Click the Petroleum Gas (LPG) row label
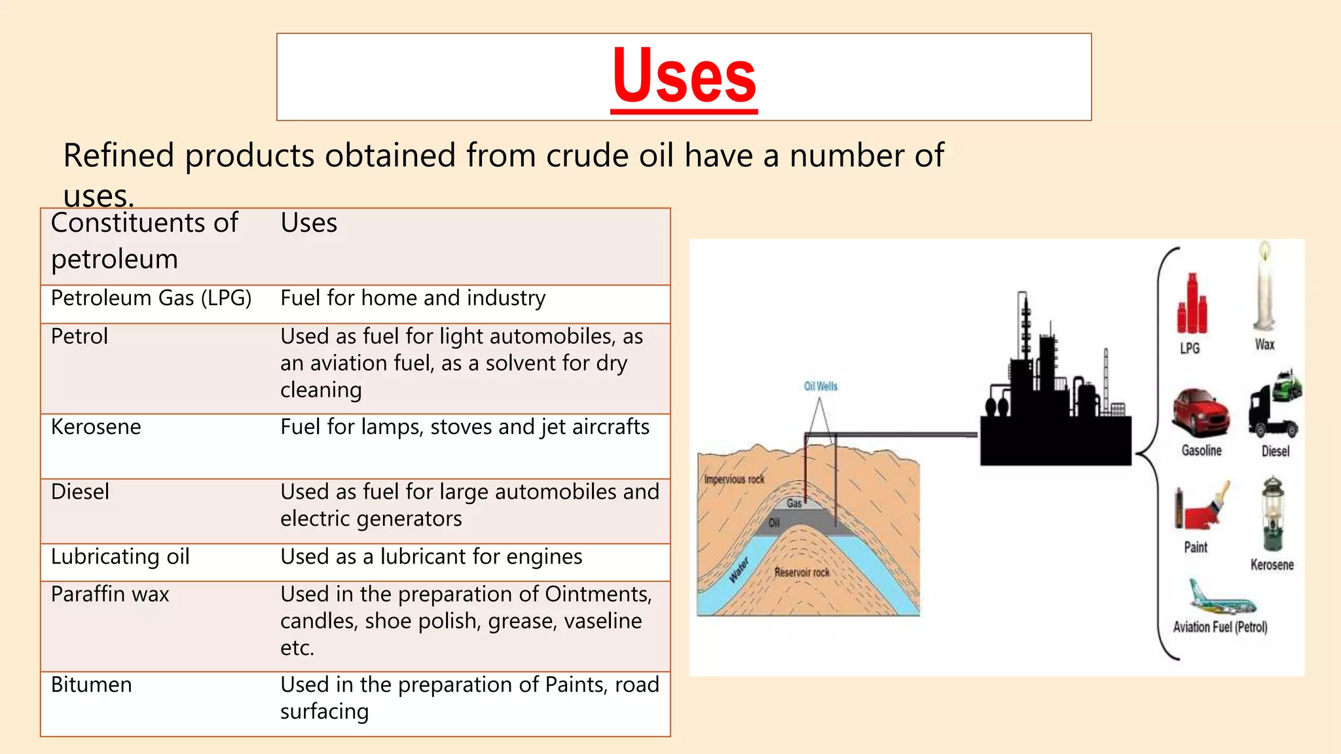coord(151,298)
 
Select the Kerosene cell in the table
coord(96,427)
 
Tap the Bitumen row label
coord(92,685)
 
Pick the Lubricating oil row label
coord(120,557)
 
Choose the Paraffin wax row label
coord(110,594)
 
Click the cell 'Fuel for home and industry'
coord(413,298)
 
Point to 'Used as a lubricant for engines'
coord(431,557)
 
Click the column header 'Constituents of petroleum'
coord(144,241)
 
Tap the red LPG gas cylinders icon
coord(1192,305)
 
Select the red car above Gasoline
coord(1201,412)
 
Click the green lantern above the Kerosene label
coord(1272,514)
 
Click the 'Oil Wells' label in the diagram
coord(820,386)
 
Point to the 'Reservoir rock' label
coord(801,573)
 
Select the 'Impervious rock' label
coord(734,479)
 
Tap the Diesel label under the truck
coord(1276,451)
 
